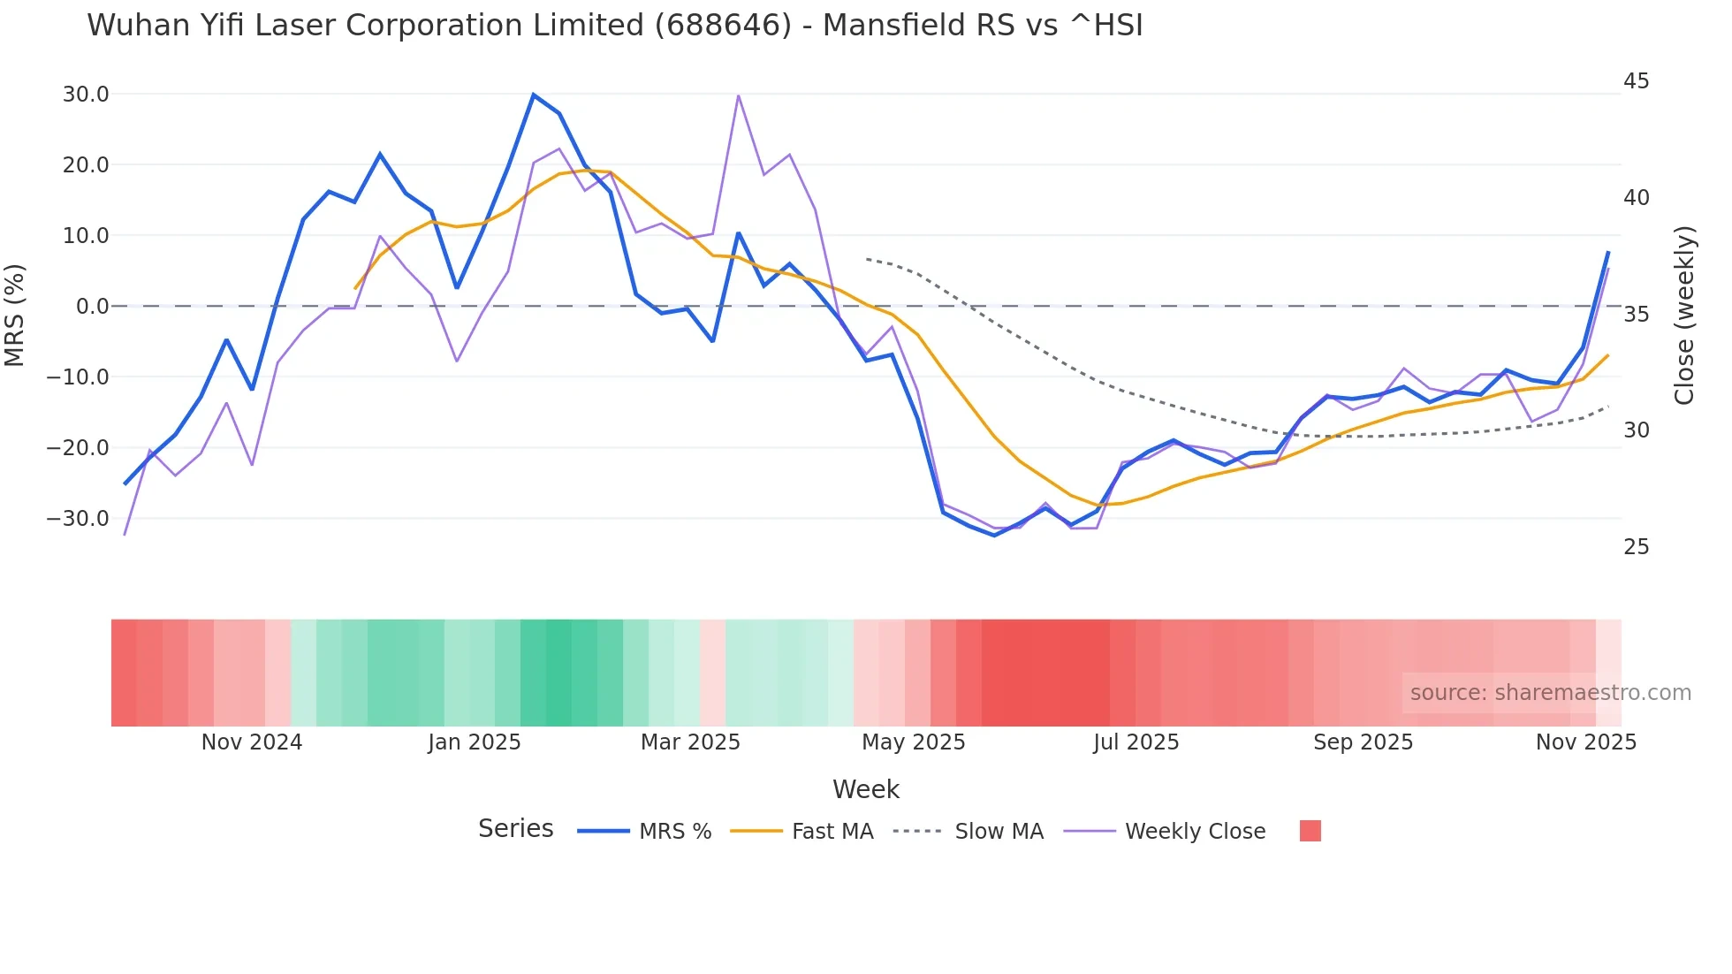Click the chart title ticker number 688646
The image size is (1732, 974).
723,26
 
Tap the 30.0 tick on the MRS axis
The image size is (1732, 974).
86,95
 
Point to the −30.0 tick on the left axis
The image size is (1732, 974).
78,519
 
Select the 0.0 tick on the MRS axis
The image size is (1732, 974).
92,307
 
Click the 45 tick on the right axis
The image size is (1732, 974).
1636,81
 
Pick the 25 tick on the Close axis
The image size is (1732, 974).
1636,547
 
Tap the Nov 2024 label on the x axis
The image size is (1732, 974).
252,742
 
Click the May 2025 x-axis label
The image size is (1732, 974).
913,742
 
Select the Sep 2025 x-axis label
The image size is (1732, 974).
1363,742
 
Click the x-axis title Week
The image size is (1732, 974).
865,789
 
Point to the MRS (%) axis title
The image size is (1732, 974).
15,315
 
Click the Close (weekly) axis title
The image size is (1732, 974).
1684,315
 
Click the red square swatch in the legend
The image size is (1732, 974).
1310,831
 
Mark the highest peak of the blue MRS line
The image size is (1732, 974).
533,95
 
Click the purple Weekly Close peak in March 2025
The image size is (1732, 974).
738,95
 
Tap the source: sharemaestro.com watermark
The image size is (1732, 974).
1550,693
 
